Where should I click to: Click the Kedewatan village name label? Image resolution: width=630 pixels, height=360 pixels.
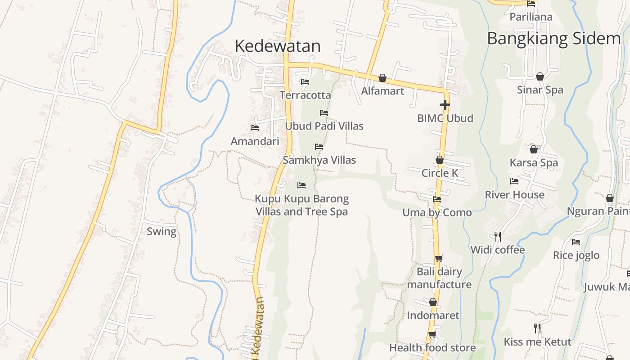coord(278,46)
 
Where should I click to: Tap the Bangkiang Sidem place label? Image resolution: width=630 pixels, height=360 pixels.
coord(553,39)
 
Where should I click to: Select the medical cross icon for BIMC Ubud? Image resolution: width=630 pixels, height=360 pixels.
coord(445,105)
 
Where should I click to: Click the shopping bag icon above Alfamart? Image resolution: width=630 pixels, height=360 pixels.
coord(382,78)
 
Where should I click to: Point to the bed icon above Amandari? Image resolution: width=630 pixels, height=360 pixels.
coord(255,128)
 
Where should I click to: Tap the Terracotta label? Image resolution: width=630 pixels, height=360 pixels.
coord(305,95)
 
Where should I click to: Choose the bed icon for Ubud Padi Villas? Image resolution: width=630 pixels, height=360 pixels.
coord(324,113)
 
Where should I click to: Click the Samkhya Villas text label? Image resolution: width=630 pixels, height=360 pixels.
coord(319,160)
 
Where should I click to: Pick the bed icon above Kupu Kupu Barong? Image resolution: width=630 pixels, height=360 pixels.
coord(301,185)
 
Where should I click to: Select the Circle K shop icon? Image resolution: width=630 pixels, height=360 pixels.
coord(440,160)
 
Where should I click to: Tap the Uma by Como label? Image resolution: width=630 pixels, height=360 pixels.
coord(437,213)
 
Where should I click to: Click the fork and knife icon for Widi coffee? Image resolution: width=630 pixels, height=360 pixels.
coord(498,236)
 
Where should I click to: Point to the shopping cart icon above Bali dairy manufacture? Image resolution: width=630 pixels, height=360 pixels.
coord(439,258)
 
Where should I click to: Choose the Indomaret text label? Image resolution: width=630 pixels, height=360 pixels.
coord(433,315)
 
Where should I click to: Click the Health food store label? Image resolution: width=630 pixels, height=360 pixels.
coord(432,348)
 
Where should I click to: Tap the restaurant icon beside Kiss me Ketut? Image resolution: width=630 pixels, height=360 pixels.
coord(537,328)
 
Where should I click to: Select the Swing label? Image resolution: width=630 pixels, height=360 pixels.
coord(162,232)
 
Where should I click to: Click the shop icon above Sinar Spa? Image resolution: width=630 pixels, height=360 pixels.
coord(540,76)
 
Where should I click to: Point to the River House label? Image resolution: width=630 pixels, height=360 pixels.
coord(514,195)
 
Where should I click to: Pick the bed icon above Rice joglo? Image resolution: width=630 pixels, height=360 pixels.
coord(576,242)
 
